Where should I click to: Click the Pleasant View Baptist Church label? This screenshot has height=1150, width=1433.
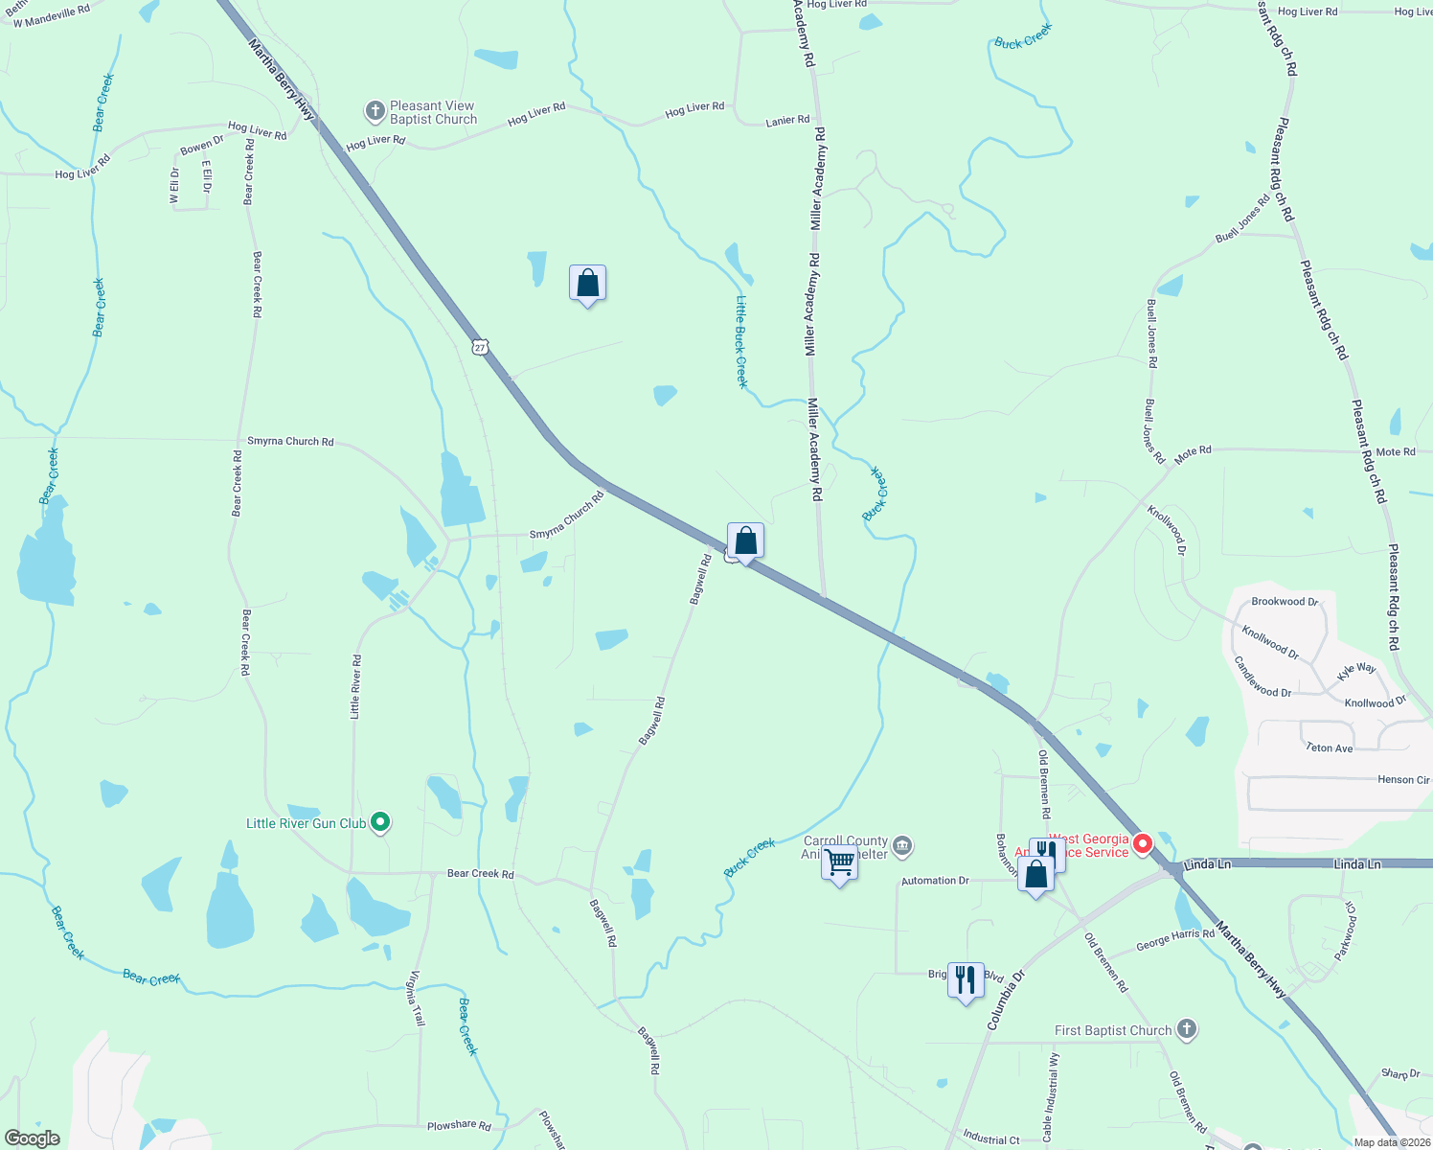coord(432,113)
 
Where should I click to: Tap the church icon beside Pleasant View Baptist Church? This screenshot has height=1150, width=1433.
coord(375,111)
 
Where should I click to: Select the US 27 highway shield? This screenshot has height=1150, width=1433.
coord(480,347)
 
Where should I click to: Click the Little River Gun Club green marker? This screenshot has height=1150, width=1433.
coord(380,821)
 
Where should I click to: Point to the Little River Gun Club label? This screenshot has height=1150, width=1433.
coord(306,823)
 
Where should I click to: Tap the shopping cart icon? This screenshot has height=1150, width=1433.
coord(839,862)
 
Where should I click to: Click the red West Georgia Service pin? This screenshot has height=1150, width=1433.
coord(1142,844)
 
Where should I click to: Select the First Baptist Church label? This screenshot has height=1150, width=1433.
coord(1113,1030)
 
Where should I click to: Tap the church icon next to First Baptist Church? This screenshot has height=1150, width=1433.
coord(1187,1029)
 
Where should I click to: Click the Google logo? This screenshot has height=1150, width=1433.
coord(33,1138)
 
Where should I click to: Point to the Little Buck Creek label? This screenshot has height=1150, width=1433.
coord(740,341)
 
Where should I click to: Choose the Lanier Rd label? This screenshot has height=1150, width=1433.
coord(787,121)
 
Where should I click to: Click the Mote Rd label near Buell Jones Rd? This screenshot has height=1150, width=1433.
coord(1193,450)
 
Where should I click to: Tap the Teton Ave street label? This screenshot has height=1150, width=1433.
coord(1329,747)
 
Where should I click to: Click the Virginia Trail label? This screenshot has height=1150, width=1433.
coord(416,998)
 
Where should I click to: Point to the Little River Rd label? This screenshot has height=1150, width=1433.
coord(355,686)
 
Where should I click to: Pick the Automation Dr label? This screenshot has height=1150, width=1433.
coord(935,881)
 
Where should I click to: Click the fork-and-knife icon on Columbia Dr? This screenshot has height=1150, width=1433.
coord(965,979)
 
